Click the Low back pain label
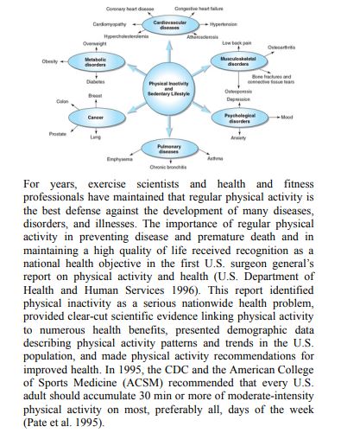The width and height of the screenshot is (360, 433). click(x=260, y=41)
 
